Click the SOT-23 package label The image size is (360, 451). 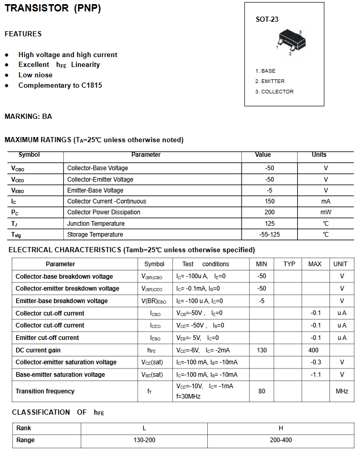[267, 20]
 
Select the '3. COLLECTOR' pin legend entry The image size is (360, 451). [274, 92]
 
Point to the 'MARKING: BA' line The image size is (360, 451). [28, 117]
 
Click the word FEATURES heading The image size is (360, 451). [23, 34]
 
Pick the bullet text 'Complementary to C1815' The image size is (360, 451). [60, 85]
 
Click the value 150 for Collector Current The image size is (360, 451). [269, 201]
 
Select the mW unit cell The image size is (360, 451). [326, 212]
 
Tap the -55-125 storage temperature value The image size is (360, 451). [269, 235]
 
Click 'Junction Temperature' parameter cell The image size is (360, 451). [96, 224]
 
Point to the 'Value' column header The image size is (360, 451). [263, 155]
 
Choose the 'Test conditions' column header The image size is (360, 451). [206, 264]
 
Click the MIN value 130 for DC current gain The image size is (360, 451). [261, 350]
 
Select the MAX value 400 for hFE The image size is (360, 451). [313, 350]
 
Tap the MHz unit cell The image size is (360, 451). [341, 391]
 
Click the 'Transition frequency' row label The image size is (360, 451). [45, 391]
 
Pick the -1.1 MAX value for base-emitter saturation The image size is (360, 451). [315, 375]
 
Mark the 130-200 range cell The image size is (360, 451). [144, 440]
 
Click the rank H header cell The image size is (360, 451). [281, 428]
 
